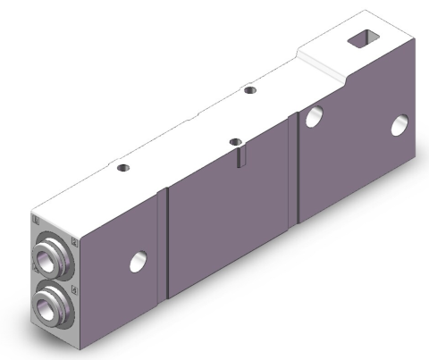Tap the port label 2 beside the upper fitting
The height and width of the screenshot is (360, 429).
74,242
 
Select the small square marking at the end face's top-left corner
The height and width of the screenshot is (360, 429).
35,217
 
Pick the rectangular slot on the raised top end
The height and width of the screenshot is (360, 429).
364,38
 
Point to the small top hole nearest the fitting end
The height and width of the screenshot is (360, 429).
122,166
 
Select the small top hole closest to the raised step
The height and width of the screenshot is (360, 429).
249,89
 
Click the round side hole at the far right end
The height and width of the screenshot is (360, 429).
399,125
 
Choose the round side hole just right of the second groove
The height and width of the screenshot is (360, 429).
314,116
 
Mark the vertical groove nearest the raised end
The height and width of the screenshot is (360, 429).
297,170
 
